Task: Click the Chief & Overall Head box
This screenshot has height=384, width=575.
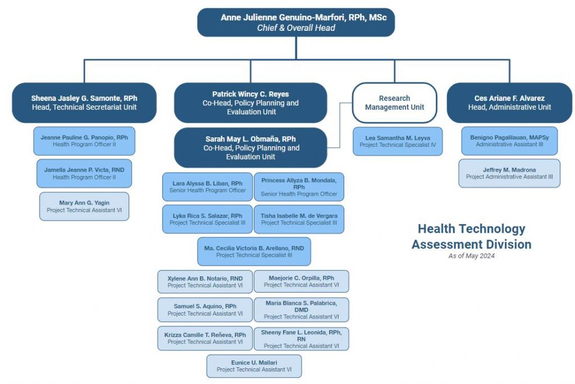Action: coord(296,22)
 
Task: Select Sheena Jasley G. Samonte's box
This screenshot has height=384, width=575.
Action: coord(84,103)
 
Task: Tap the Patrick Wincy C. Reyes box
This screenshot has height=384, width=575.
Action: coord(250,103)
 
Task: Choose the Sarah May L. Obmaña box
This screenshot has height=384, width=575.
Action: coord(250,147)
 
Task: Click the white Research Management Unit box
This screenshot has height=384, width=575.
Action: coord(395,103)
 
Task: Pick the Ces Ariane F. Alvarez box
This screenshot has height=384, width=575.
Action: coord(509,103)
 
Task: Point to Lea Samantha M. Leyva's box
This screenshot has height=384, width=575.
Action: coord(398,141)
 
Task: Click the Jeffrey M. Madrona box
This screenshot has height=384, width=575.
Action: coord(509,173)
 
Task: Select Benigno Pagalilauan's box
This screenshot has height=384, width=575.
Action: coord(509,141)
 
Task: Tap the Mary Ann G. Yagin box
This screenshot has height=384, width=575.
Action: coord(84,206)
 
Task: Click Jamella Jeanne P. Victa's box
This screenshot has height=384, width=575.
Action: coord(84,174)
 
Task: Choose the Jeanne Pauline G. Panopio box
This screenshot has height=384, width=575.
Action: coord(84,141)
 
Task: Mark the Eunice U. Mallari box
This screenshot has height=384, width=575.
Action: coord(254,366)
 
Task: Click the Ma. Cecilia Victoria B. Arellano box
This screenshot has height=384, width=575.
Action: coord(254,252)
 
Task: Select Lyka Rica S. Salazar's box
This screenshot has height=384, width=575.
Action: coord(208,219)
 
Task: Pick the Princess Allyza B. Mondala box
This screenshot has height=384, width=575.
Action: coord(299,187)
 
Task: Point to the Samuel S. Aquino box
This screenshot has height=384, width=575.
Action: coord(205,309)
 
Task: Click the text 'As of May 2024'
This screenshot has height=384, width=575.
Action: coord(472,256)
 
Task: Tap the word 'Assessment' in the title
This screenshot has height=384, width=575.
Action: coord(447,244)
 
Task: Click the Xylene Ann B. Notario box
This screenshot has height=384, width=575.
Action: coord(205,282)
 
